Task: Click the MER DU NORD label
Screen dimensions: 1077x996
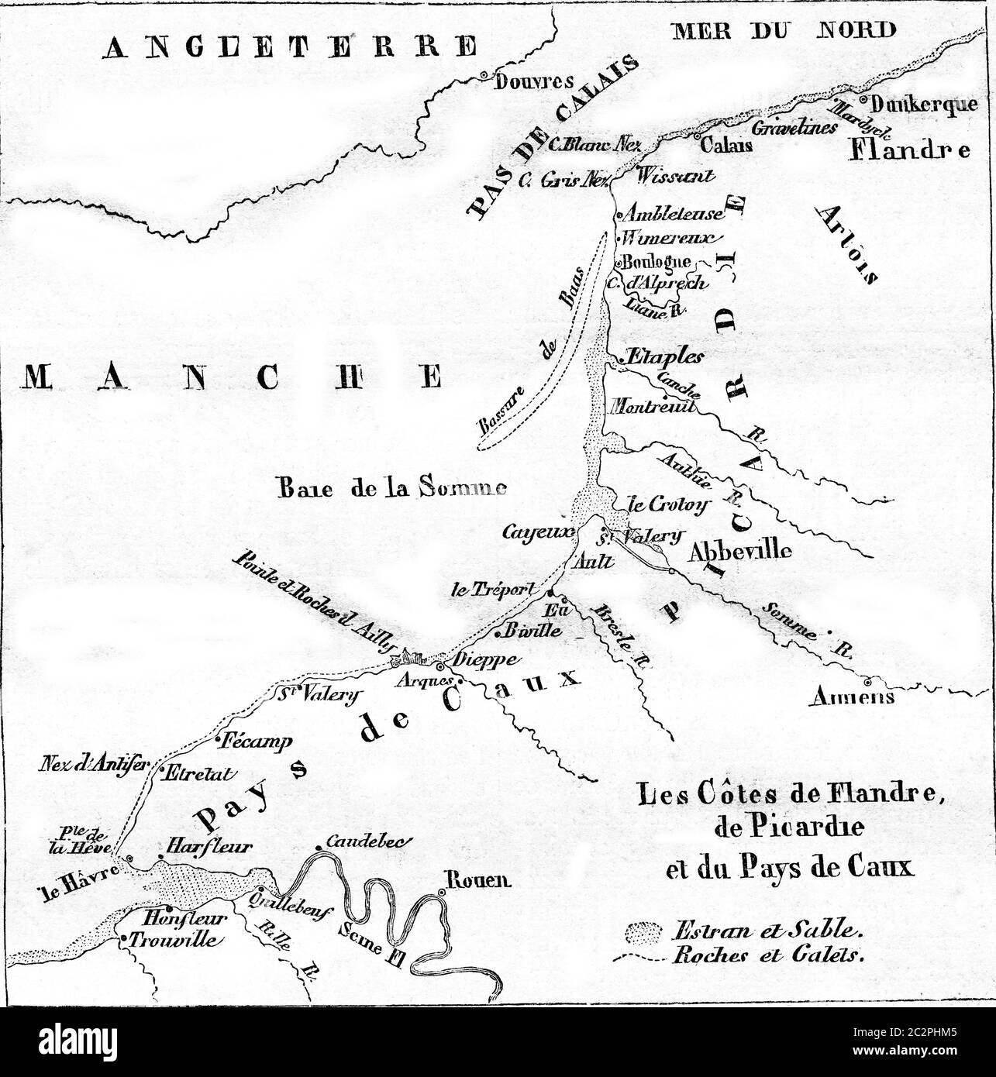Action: pyautogui.click(x=785, y=30)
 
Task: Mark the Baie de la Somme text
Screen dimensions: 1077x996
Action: pyautogui.click(x=391, y=488)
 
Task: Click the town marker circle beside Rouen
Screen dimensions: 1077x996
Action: pyautogui.click(x=441, y=893)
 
